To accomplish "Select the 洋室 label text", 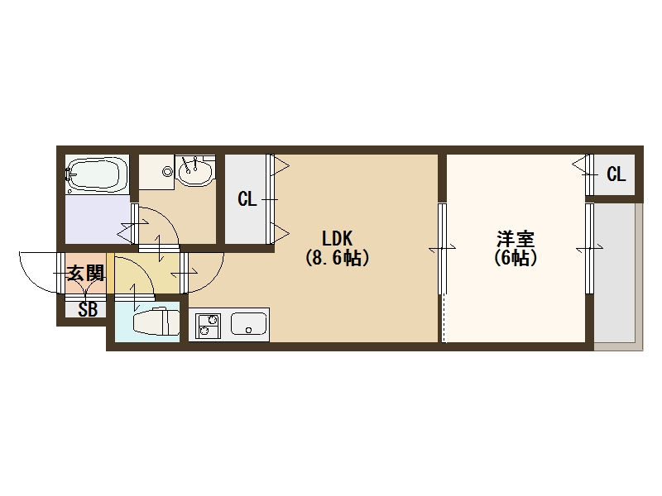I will tap(516, 240).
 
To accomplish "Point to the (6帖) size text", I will tap(516, 258).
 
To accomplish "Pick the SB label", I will tap(87, 311).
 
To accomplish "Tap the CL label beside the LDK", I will tap(247, 199).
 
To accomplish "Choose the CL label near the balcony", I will tap(616, 174).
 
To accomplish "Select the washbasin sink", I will tap(195, 173).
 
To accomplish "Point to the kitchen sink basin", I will tap(248, 323).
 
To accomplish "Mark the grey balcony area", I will tap(616, 273).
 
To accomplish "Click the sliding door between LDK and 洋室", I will tap(442, 249).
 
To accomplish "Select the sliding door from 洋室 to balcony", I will tap(589, 248).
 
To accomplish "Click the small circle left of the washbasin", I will tap(168, 172).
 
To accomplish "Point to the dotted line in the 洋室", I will tap(444, 318).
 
